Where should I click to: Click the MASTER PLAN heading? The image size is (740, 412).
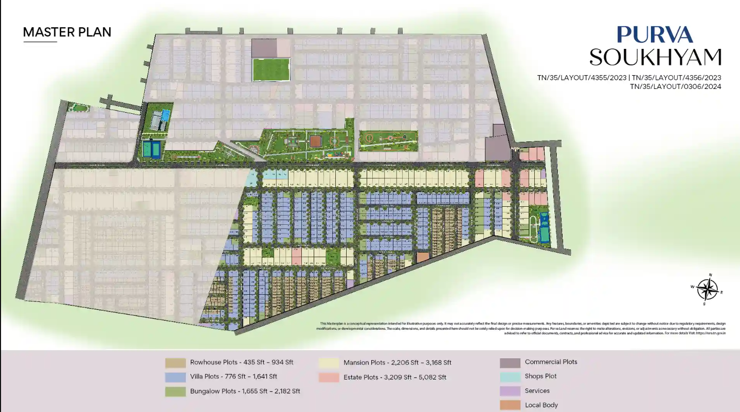[67, 32]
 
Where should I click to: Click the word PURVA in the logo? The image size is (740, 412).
[655, 34]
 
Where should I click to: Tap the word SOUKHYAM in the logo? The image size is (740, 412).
[655, 57]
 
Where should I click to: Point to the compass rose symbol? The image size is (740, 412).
[708, 289]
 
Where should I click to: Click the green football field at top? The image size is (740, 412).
[270, 69]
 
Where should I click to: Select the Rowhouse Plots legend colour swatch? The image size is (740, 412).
[175, 363]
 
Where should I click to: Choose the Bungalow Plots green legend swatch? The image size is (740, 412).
[175, 391]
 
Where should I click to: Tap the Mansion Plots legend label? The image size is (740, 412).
[397, 363]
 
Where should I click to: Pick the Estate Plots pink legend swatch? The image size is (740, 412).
[329, 377]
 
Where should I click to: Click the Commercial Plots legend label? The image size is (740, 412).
[551, 362]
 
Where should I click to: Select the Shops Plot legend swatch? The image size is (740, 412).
[510, 377]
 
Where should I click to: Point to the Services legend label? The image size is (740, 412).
[537, 391]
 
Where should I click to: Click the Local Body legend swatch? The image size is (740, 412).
[510, 405]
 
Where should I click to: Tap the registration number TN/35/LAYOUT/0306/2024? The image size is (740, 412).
[676, 86]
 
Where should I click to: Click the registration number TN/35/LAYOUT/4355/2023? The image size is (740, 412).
[582, 78]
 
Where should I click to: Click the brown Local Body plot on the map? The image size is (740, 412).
[422, 257]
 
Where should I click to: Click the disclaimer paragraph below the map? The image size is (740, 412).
[520, 328]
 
